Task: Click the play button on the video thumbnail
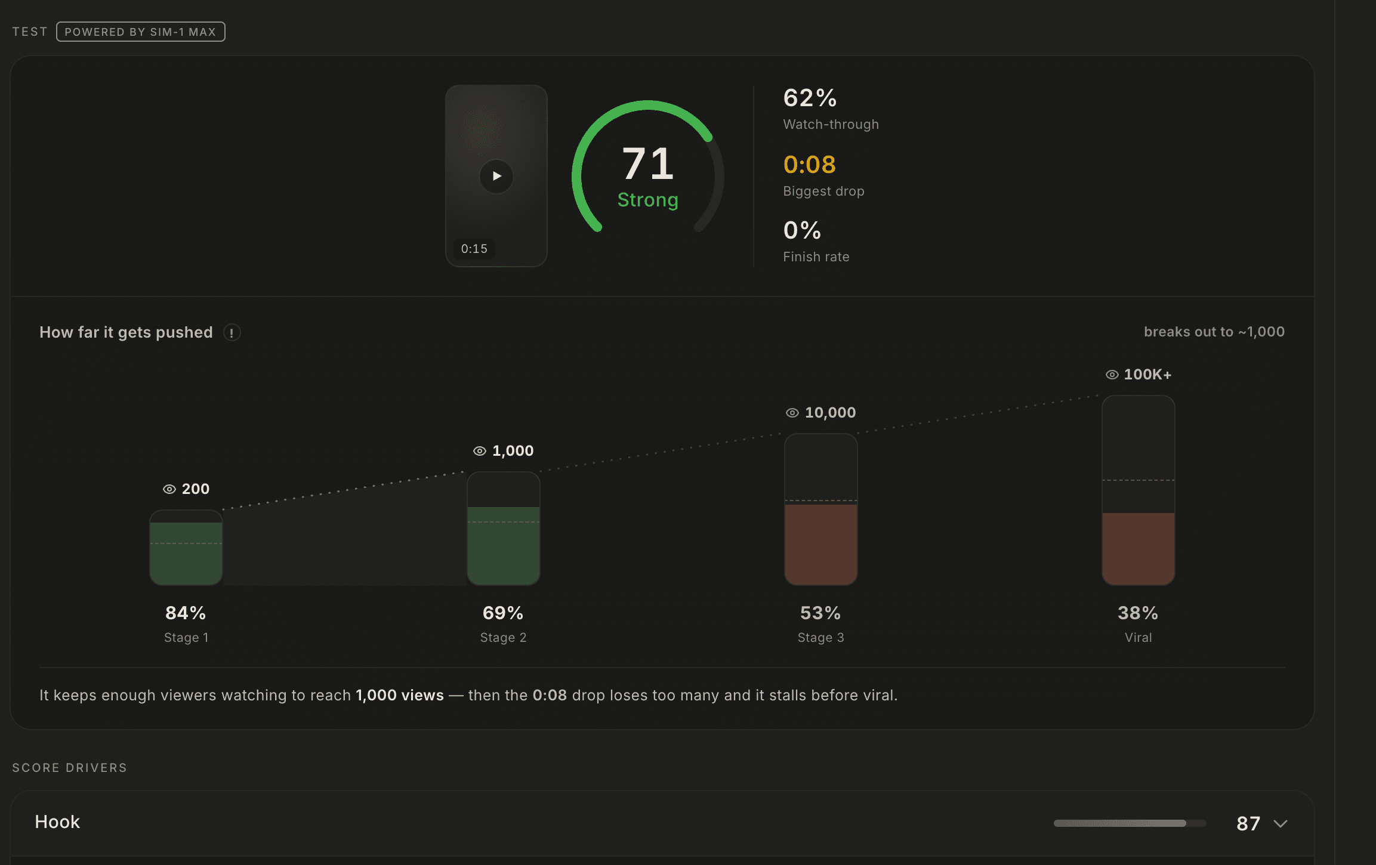(496, 176)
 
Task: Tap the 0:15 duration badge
(474, 249)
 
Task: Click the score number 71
(648, 163)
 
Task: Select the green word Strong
(648, 200)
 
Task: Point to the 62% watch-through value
(810, 98)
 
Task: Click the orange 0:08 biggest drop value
(809, 165)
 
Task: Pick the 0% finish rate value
(802, 230)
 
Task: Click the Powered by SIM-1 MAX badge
(141, 32)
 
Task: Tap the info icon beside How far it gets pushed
(232, 332)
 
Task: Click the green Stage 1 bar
(186, 554)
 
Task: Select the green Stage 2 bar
(504, 546)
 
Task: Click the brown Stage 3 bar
(821, 545)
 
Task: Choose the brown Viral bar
(1139, 549)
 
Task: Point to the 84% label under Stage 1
(186, 613)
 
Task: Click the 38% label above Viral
(1138, 613)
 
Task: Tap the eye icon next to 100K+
(1112, 375)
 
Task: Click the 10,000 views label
(830, 412)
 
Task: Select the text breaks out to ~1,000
(1214, 332)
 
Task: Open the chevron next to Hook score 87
(1281, 824)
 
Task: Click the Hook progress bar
(1130, 823)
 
